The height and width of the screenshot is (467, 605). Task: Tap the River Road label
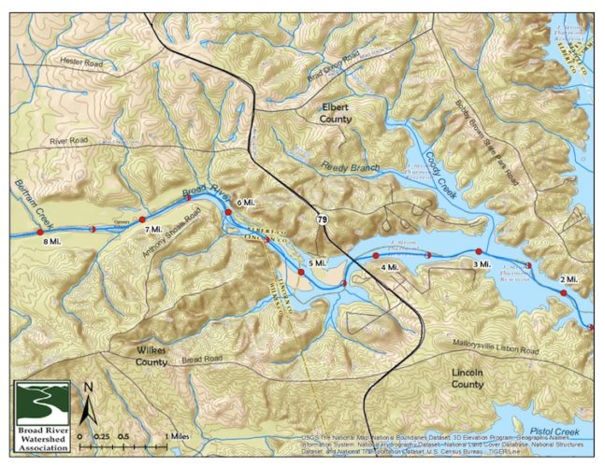coord(67,141)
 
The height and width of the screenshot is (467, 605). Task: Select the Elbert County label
coord(336,113)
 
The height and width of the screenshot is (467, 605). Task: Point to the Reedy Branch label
coord(348,167)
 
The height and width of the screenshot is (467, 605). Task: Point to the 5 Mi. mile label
coord(317,264)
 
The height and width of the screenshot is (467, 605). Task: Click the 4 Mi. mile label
coord(390,268)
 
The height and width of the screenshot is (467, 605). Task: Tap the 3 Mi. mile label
coord(483,265)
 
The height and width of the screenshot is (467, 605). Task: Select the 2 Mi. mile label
coord(568,280)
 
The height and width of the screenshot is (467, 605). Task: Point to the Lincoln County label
coord(467,377)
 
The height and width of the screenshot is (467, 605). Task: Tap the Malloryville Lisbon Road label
coord(490,350)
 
